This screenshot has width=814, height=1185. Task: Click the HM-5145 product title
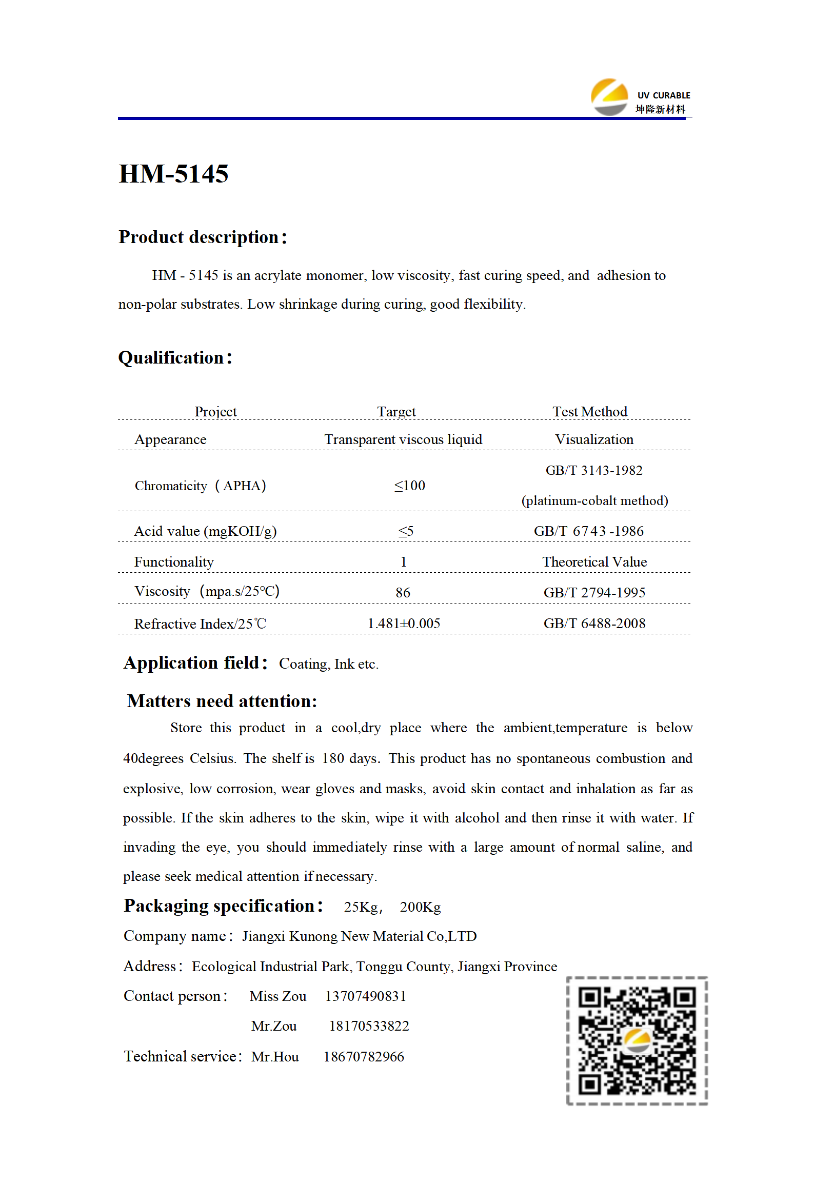173,174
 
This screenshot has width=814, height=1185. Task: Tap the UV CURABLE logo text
663,95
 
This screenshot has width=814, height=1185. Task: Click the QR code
637,1040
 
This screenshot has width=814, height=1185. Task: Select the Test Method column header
589,412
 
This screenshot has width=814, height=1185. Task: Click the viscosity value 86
403,593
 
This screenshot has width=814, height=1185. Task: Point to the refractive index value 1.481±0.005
404,624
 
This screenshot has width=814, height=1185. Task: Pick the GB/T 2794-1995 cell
594,593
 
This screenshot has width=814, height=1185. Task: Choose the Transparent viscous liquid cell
403,439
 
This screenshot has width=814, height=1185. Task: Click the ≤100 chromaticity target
409,486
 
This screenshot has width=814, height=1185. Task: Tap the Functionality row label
174,562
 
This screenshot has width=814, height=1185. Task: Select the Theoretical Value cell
594,562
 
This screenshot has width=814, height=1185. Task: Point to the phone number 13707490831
365,996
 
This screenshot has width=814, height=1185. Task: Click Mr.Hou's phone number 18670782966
364,1057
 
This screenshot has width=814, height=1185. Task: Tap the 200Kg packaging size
420,907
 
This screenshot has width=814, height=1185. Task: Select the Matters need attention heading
222,701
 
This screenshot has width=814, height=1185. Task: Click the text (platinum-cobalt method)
594,500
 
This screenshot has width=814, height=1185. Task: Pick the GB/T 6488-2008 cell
594,624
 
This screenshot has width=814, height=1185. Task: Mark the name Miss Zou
278,996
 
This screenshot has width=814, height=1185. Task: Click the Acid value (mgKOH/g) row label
205,531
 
